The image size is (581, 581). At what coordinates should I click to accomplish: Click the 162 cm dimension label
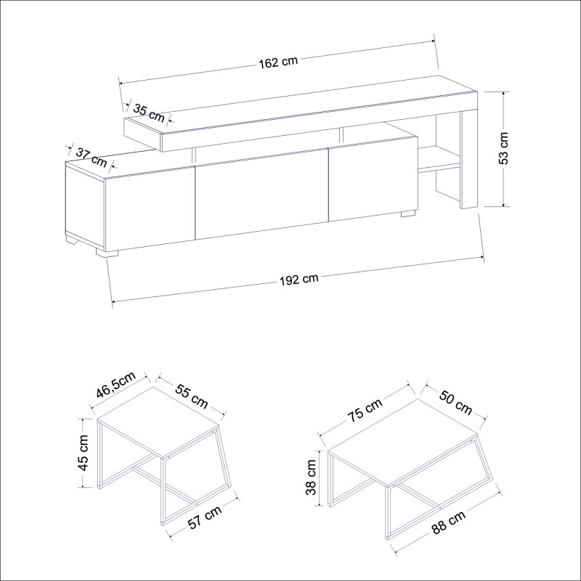click(278, 62)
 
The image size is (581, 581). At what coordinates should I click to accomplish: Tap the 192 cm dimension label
click(299, 278)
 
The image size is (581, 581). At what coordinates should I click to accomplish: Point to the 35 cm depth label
click(149, 112)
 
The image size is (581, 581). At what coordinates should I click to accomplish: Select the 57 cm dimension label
click(204, 520)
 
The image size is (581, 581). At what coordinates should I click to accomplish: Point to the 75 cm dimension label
click(364, 413)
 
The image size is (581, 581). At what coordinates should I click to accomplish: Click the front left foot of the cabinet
click(107, 253)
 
